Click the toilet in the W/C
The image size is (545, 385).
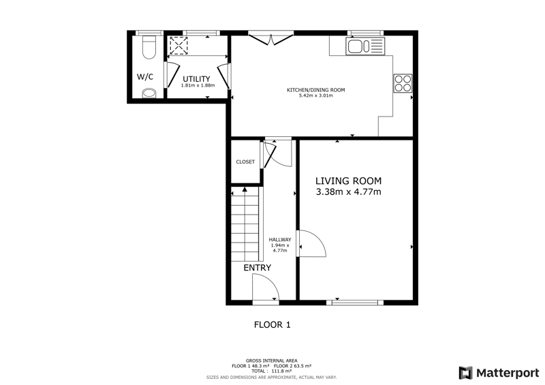(149, 47)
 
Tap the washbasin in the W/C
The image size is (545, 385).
(149, 93)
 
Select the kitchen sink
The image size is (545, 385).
(365, 46)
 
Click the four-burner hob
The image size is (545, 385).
(403, 83)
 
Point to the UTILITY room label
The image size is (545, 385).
(196, 79)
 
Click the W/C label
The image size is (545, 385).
(145, 77)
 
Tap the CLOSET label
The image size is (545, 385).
(245, 161)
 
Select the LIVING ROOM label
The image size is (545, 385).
(348, 181)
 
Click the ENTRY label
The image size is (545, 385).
(258, 268)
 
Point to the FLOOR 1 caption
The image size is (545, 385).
(272, 325)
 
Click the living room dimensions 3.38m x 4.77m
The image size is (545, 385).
(348, 191)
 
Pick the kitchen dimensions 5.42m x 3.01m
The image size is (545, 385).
(315, 95)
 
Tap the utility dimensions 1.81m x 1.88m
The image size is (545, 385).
(198, 85)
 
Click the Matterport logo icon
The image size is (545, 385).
(466, 373)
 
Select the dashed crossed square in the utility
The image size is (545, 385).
(178, 46)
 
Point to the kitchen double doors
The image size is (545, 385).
(271, 39)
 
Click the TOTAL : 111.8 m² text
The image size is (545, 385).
(271, 371)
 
